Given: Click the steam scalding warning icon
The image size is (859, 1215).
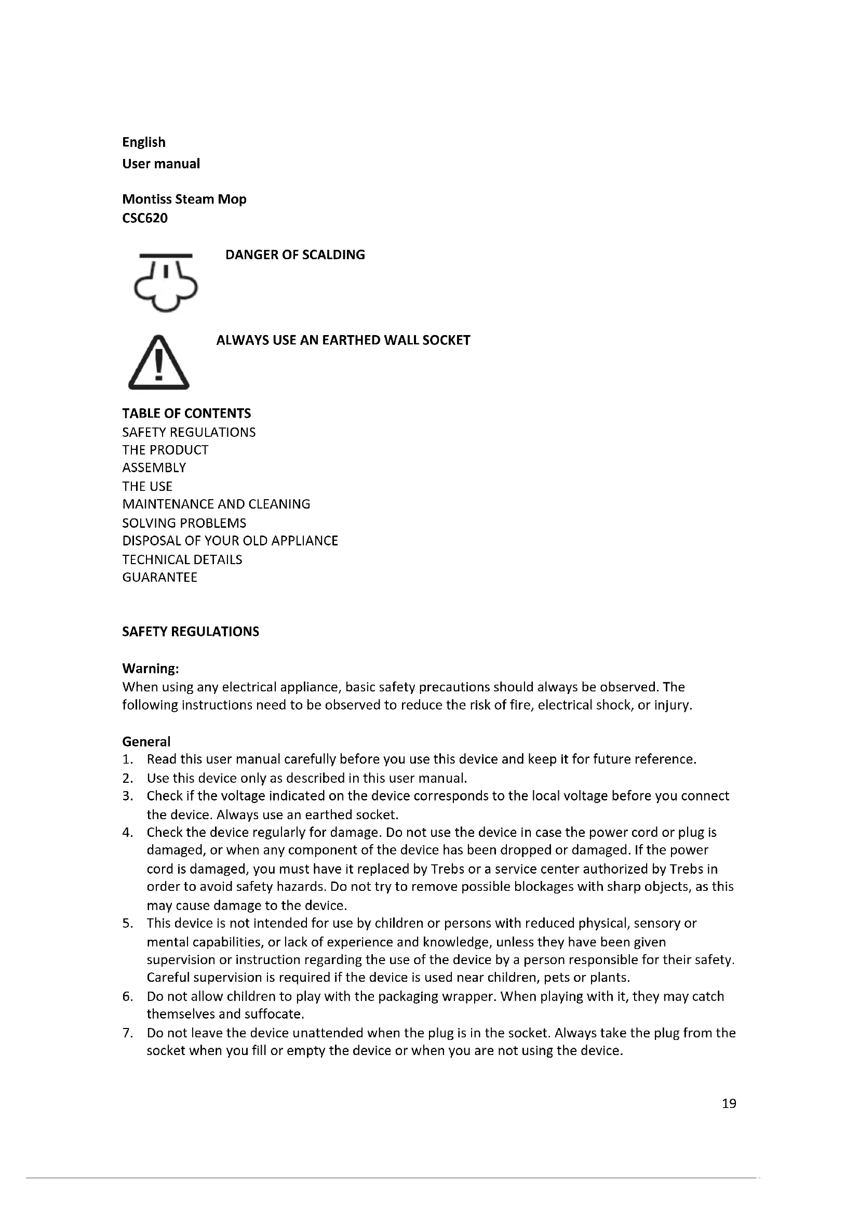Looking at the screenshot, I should point(166,283).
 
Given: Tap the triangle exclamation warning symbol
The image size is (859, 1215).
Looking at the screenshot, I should point(159,364).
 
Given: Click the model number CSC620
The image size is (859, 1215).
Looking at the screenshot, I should point(145,218).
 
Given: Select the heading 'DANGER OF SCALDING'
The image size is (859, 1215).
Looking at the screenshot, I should point(295,255).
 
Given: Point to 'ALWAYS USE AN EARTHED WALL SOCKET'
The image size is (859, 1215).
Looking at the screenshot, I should point(343,340).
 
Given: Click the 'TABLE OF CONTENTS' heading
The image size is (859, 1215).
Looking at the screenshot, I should point(186,413).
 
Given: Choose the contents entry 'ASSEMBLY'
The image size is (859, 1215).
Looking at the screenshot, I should point(154,468).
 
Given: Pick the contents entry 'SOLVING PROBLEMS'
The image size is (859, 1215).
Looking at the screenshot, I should point(184,523).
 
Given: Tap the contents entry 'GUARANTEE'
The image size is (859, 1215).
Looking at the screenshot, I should point(159,577).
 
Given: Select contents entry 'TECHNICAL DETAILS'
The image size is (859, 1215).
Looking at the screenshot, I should point(182,559).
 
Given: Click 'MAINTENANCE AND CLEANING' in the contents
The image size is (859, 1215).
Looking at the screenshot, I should point(216,504).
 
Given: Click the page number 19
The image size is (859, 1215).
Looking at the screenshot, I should point(728,1103).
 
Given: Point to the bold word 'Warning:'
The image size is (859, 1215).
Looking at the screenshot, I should point(150,669).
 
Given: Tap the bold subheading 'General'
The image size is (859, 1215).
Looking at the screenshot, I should point(146,741).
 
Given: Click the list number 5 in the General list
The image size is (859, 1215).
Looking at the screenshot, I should point(127,924).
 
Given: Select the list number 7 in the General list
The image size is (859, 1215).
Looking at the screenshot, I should point(127,1033).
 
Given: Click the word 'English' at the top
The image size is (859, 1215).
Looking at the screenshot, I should point(144,142).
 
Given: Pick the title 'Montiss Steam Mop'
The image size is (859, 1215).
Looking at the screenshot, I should point(184,199).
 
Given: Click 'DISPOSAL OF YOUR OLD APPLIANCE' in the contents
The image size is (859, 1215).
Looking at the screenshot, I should point(230,541).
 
